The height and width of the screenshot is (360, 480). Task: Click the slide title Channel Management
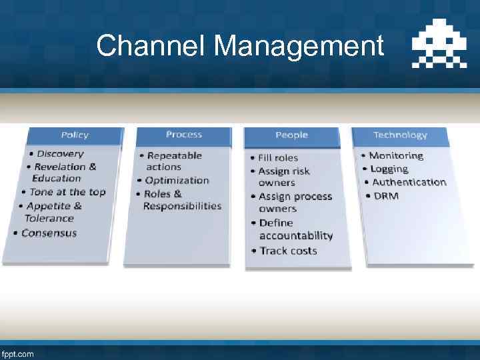[240, 47]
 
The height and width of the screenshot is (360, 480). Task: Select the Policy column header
[75, 135]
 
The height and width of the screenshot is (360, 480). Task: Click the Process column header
[183, 135]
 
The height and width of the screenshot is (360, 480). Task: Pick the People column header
[291, 135]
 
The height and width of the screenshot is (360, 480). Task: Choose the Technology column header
[400, 135]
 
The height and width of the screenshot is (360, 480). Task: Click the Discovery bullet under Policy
[60, 154]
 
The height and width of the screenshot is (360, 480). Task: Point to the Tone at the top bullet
[67, 192]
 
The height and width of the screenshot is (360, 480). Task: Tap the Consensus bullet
[49, 233]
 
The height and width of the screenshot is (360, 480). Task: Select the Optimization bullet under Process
[177, 180]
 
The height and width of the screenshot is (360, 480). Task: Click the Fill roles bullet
[278, 158]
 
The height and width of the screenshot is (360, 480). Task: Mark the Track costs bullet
[288, 251]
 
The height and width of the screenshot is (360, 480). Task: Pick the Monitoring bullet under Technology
[396, 155]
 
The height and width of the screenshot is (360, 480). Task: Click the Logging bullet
[389, 169]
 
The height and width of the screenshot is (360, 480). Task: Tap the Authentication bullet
[409, 182]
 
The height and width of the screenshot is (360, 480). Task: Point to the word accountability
[296, 235]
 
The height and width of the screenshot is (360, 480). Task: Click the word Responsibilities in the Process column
[182, 206]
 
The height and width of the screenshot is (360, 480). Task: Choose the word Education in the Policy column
[57, 178]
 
